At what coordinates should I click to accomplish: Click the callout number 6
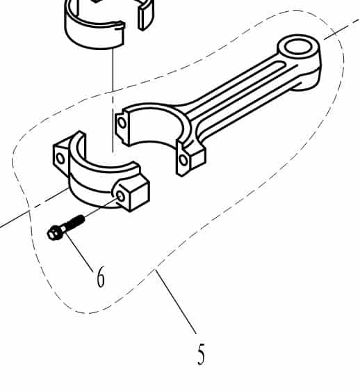(x=101, y=278)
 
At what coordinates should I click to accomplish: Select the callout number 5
(x=201, y=355)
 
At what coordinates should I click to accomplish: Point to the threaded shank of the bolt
(x=74, y=223)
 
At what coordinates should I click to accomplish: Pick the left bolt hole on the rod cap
(x=60, y=158)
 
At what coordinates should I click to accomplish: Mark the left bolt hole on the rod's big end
(x=122, y=124)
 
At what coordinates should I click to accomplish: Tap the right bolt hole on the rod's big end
(x=183, y=160)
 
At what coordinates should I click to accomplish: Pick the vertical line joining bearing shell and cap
(x=112, y=97)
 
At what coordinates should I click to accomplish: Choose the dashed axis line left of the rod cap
(x=28, y=213)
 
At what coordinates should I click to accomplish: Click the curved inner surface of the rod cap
(x=104, y=160)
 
